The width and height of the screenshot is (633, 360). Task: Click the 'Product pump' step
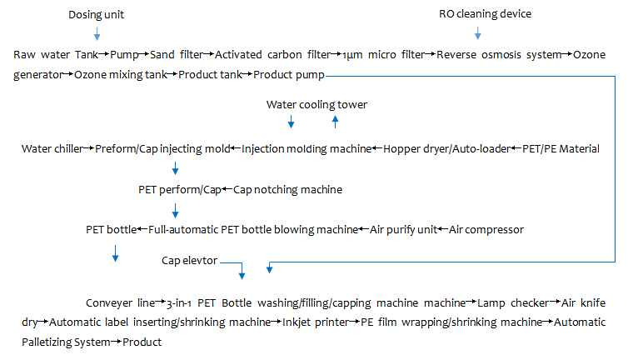(288, 76)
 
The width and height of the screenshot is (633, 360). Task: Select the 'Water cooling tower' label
(316, 105)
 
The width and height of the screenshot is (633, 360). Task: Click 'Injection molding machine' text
(307, 149)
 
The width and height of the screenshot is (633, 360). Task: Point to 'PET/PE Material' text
(561, 149)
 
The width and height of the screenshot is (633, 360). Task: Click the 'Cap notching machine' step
(287, 190)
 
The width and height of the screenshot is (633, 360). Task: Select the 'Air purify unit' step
(403, 229)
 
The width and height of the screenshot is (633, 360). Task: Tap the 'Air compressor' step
(486, 229)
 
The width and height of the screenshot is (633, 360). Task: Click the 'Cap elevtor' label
(189, 261)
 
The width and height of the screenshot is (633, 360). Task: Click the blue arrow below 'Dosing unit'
(97, 34)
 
